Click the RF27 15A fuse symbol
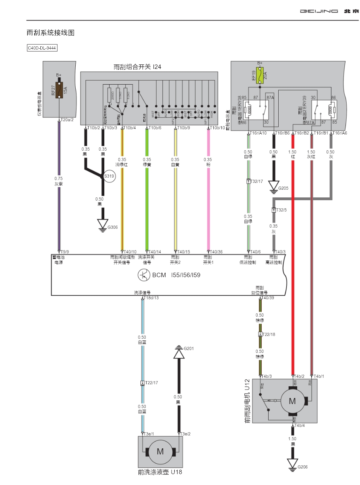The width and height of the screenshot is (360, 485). (x=60, y=89)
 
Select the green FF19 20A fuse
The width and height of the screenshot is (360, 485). (x=260, y=75)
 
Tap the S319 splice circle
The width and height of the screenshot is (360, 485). (x=109, y=176)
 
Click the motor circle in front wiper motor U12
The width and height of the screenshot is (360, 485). (x=292, y=401)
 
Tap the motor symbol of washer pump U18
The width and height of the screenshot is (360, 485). (x=160, y=452)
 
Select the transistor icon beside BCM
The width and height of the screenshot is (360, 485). (x=144, y=276)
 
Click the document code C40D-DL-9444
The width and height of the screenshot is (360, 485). (x=42, y=48)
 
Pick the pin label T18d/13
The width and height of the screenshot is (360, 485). (x=152, y=298)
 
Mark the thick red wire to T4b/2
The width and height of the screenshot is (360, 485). (x=293, y=262)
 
